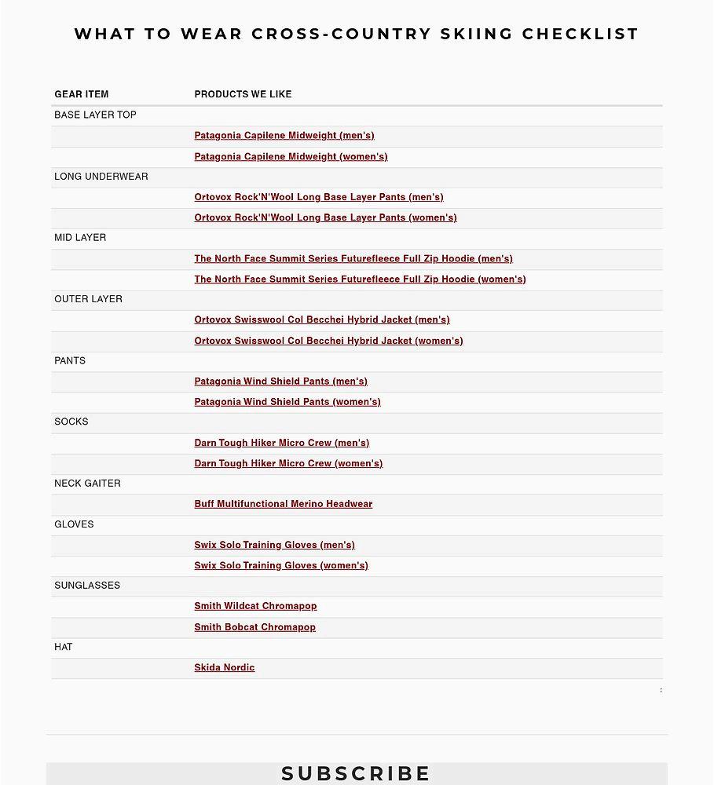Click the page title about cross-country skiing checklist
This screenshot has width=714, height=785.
coord(357,34)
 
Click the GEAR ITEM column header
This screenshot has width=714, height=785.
coord(82,94)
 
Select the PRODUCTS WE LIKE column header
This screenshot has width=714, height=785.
coord(243,94)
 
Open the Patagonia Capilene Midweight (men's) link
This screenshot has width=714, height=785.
coord(284,136)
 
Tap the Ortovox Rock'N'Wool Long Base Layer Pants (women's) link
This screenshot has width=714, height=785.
coord(325,217)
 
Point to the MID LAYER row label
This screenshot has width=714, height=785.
coord(80,238)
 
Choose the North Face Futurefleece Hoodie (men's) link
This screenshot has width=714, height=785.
coord(353,258)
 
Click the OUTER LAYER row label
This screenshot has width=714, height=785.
coord(88,299)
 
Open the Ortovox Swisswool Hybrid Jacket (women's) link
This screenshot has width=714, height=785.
coord(328,341)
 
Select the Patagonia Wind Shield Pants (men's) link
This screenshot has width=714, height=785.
coord(280,382)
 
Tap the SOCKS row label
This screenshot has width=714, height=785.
coord(71,422)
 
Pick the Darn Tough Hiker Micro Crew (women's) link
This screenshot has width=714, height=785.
coord(288,463)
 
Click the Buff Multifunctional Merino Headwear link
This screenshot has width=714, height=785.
coord(284,504)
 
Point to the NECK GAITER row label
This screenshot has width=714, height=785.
coord(87,484)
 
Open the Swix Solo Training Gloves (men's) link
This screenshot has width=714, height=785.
coord(274,545)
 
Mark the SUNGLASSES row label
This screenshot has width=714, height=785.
coord(87,586)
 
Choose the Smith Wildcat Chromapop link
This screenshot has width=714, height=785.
coord(255,606)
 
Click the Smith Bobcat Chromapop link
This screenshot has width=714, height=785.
coord(254,627)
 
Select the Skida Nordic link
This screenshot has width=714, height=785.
coord(225,668)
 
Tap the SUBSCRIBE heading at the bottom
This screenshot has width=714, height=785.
coord(357,773)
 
